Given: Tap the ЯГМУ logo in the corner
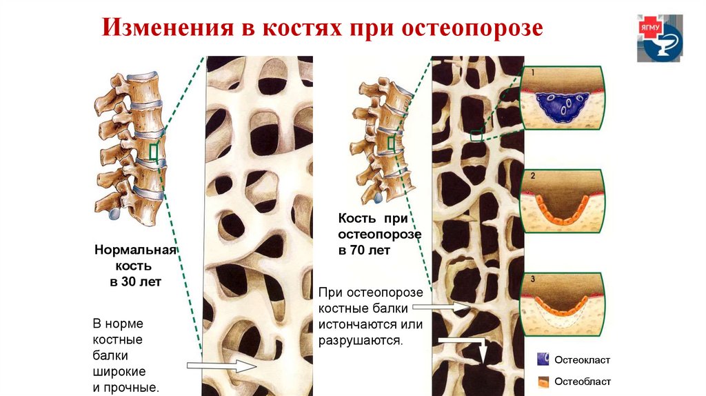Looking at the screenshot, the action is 660,39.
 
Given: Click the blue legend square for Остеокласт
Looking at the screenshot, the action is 543,359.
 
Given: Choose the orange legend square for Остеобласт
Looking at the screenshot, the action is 543,381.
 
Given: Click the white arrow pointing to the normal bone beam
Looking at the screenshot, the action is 221,365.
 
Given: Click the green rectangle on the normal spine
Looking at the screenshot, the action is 154,152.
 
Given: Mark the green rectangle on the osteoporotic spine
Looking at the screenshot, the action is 391,143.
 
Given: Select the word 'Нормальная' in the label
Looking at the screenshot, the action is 135,249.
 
